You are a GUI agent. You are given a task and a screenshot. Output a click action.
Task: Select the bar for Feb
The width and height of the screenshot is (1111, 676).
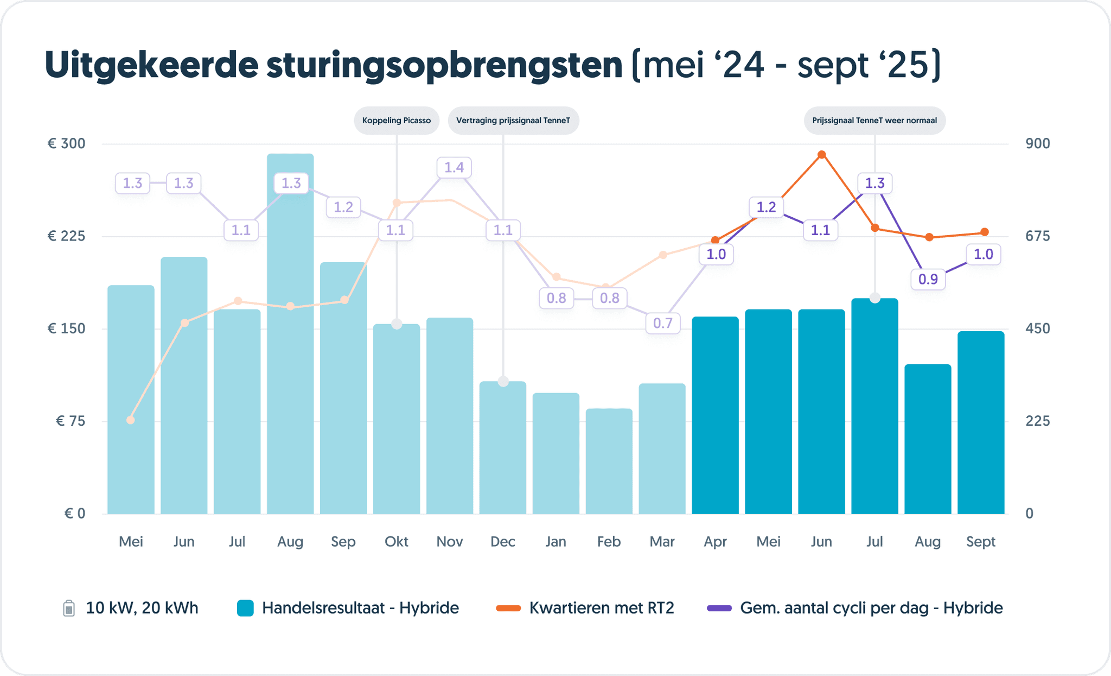point(609,461)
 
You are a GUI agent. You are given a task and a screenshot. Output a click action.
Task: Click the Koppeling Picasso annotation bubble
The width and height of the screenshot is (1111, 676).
point(397,121)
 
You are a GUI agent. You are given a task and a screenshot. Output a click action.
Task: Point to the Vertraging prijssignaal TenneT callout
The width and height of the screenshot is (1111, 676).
point(513,121)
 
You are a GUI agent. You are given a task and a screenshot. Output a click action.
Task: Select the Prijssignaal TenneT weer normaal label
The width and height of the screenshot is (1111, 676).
point(874,121)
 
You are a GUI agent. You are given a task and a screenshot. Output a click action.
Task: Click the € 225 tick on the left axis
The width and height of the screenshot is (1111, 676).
point(66,236)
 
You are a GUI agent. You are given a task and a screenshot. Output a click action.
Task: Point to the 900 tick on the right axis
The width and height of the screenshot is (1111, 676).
point(1038,144)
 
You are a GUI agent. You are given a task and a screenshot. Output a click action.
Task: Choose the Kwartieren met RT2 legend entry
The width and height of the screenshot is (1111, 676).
point(601,608)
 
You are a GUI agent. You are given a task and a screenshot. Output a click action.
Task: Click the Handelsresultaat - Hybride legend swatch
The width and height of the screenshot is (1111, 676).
point(246,608)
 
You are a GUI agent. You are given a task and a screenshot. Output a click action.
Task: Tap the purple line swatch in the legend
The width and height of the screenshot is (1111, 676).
point(719,608)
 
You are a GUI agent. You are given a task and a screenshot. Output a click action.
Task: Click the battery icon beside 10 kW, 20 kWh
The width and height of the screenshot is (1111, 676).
point(69,608)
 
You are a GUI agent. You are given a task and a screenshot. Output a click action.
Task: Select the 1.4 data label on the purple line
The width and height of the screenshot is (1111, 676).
point(454,167)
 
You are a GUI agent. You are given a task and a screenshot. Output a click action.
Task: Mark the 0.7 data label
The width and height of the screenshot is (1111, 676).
point(663,324)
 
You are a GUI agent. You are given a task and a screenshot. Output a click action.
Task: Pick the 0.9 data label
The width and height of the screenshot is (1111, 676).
point(928,279)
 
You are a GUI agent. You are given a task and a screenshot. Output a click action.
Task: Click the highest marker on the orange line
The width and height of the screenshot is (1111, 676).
point(822,155)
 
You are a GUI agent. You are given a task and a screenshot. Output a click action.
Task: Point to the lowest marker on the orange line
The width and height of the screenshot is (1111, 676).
point(130,420)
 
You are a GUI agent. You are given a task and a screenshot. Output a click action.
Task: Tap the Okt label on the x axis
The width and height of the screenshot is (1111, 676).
point(397,542)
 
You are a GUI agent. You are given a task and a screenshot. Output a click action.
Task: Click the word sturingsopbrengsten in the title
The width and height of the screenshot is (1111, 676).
point(444,65)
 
